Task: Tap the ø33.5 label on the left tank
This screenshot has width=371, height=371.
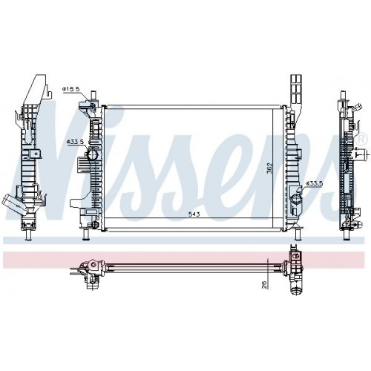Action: (x=73, y=141)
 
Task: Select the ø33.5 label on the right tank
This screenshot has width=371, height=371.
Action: (x=315, y=183)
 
